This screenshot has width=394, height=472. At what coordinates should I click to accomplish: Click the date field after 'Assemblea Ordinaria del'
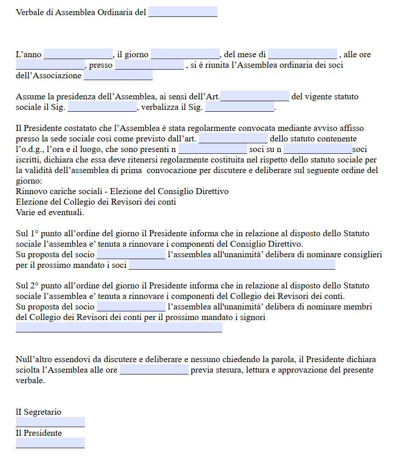coord(183,12)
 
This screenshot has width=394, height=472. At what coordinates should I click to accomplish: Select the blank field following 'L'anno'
coord(78,54)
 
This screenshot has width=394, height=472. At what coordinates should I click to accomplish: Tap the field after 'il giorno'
coord(185,54)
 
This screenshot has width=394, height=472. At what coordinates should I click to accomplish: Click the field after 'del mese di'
coord(303,54)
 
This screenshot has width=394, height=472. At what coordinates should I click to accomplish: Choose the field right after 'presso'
coord(149,65)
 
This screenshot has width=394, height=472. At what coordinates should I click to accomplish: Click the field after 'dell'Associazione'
coord(118,75)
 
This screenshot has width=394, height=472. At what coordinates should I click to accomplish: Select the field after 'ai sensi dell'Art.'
coord(255,96)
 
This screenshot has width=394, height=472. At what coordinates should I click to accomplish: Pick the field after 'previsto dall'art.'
coord(233,138)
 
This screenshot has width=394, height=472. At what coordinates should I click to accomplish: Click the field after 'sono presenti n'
coord(212,149)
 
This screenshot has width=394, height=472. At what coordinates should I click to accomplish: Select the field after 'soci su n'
coord(318,149)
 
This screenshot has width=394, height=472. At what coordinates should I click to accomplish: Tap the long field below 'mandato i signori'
coord(119,327)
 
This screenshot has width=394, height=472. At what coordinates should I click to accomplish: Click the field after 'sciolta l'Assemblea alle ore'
coord(154,369)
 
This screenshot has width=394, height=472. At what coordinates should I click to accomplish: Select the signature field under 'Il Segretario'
coord(50,422)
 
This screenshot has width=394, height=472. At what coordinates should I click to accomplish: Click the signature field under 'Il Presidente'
coord(50,443)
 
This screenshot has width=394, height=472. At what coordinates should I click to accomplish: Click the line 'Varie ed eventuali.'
coord(50,212)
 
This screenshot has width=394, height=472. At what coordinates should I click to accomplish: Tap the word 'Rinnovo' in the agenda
coord(31,191)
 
